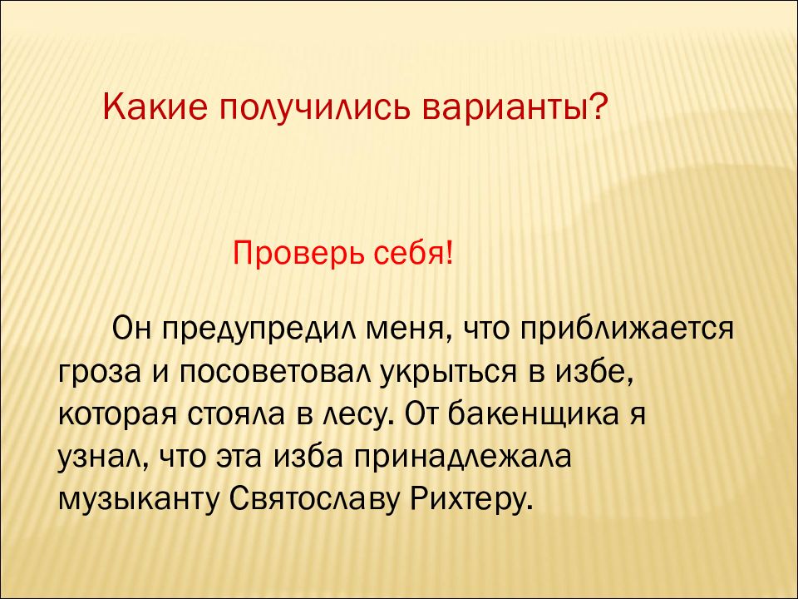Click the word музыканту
(136, 502)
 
